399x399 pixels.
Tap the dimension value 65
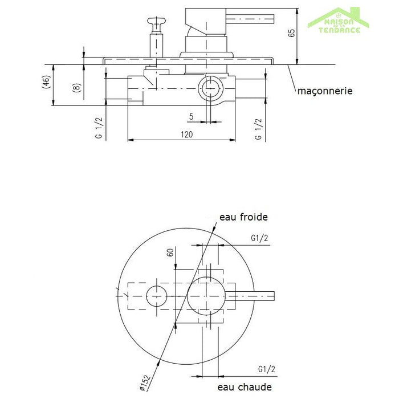[x=292, y=33]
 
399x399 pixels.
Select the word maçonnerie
[x=325, y=91]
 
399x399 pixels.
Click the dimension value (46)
[x=46, y=82]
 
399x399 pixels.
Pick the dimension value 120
[x=187, y=134]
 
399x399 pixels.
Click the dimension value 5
[x=192, y=116]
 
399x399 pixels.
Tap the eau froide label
[x=243, y=217]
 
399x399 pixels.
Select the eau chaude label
[x=245, y=387]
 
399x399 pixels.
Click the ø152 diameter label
[x=145, y=383]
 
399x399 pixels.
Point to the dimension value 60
[x=170, y=253]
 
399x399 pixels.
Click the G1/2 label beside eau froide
[x=259, y=238]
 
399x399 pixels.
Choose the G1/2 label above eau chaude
[x=266, y=369]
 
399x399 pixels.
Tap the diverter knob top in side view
[x=156, y=21]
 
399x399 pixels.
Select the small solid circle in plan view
[x=157, y=296]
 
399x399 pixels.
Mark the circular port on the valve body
[x=210, y=88]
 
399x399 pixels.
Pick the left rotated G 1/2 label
[x=99, y=128]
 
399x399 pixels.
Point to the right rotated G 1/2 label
[x=258, y=129]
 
